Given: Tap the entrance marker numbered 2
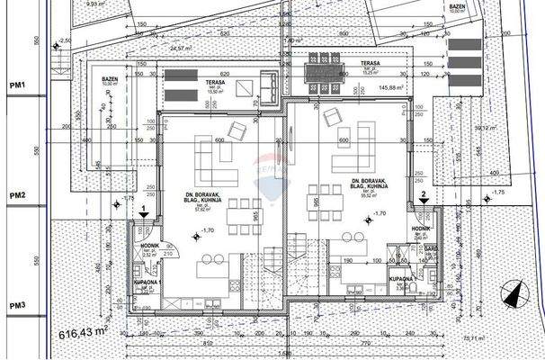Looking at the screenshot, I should [423, 193].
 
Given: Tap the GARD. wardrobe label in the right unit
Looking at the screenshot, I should [431, 247].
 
